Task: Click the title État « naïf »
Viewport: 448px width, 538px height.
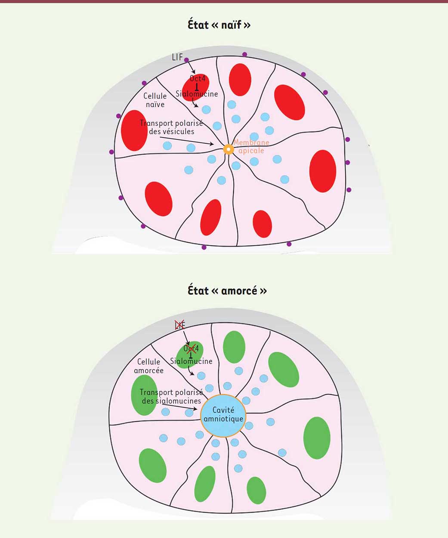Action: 219,25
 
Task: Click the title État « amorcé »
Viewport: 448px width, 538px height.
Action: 227,291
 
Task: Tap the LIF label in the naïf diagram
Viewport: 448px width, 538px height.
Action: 177,57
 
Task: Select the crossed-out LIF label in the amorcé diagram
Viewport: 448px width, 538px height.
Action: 179,325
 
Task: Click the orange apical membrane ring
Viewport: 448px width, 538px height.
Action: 229,149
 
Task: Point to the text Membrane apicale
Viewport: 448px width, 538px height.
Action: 251,146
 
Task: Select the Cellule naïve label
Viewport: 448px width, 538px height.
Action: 155,100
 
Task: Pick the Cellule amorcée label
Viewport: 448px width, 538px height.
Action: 149,366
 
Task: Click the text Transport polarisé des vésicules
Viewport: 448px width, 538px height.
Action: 171,127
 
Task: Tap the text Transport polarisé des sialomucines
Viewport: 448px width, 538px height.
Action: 171,396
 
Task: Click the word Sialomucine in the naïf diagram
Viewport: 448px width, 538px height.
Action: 197,94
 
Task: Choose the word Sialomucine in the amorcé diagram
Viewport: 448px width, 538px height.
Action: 191,361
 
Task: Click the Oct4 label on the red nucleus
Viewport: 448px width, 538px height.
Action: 198,79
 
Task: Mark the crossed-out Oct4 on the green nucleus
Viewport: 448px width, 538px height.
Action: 191,348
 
